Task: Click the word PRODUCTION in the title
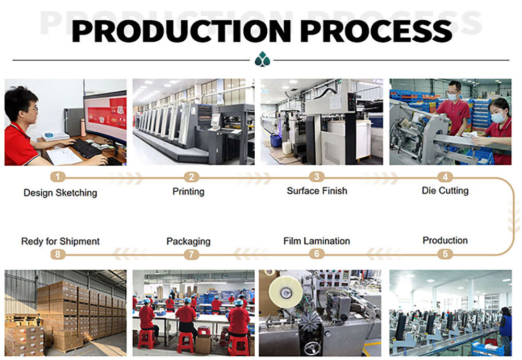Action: tap(182, 31)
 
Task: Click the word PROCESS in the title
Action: tap(376, 31)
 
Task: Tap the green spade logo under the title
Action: tap(263, 59)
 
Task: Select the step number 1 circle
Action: tap(58, 177)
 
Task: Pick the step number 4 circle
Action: tap(445, 177)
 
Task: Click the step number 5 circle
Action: tap(445, 254)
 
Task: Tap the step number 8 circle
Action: tap(58, 254)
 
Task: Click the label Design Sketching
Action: tap(60, 193)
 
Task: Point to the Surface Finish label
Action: tap(317, 191)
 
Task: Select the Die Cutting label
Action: tap(445, 191)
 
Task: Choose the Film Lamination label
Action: tap(317, 241)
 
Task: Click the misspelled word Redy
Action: tap(32, 242)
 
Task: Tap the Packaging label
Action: tap(188, 242)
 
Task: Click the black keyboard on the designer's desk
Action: tap(86, 149)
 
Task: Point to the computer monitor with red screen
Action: tap(105, 117)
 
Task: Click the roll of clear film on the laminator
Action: tap(286, 292)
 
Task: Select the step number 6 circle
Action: tap(317, 254)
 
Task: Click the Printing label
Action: tap(188, 192)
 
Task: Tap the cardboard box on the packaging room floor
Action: tap(203, 344)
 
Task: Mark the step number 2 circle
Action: tap(192, 177)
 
